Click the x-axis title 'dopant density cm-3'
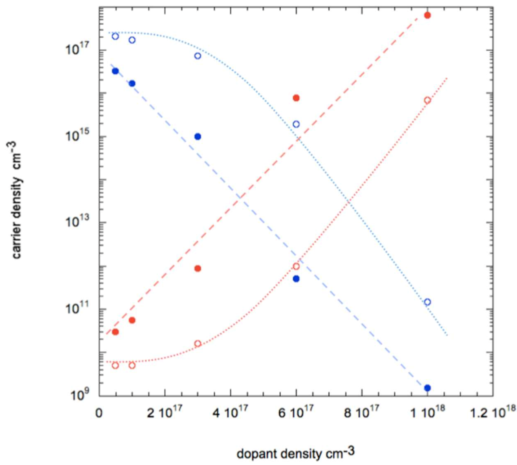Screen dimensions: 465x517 295,453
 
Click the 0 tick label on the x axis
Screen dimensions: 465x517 99,414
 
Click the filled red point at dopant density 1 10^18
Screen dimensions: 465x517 427,15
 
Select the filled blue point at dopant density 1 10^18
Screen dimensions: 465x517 427,388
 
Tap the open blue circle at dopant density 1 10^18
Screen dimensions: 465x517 427,302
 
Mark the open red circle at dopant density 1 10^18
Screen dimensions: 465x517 427,100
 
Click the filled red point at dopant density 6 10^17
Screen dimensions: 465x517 296,98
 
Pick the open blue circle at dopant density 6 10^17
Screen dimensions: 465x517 296,124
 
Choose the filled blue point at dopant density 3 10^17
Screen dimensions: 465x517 198,137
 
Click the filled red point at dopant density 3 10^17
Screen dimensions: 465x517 198,268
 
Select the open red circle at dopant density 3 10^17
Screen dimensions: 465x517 198,343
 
